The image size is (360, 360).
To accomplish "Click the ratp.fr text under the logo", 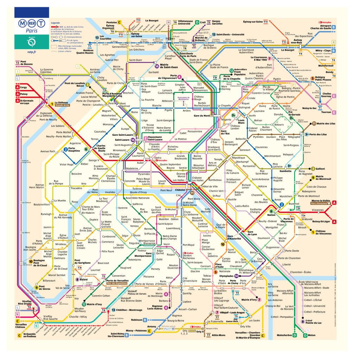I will coord(32,52).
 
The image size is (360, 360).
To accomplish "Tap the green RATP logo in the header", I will coord(32,42).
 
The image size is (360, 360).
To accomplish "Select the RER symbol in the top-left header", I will coord(32,24).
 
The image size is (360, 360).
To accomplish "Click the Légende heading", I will coord(56,22).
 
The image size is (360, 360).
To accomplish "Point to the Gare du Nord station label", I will coord(201,116).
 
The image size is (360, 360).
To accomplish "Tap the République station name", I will coord(238,158).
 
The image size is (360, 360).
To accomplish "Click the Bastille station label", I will coord(232,199).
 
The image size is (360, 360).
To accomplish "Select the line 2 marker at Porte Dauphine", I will coord(65,150).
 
